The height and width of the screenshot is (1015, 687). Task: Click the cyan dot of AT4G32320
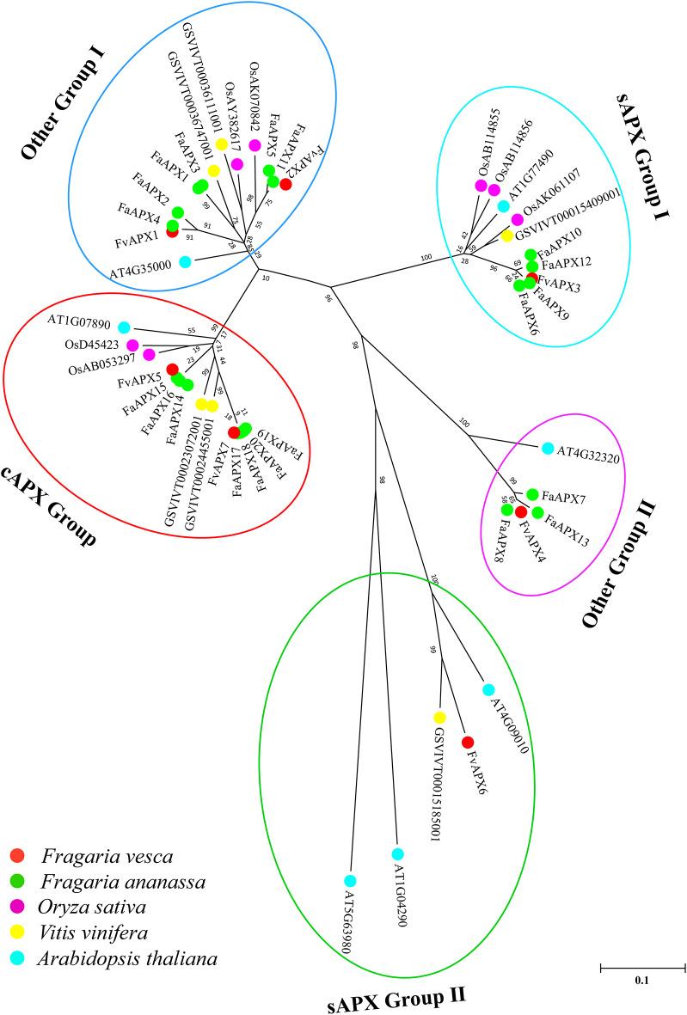548,448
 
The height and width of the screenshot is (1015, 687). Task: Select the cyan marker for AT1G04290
397,853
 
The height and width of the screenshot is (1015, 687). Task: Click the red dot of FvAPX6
468,742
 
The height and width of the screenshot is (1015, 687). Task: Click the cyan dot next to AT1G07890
124,327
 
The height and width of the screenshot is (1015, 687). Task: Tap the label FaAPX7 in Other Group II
564,497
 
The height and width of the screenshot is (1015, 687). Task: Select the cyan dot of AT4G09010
488,689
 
